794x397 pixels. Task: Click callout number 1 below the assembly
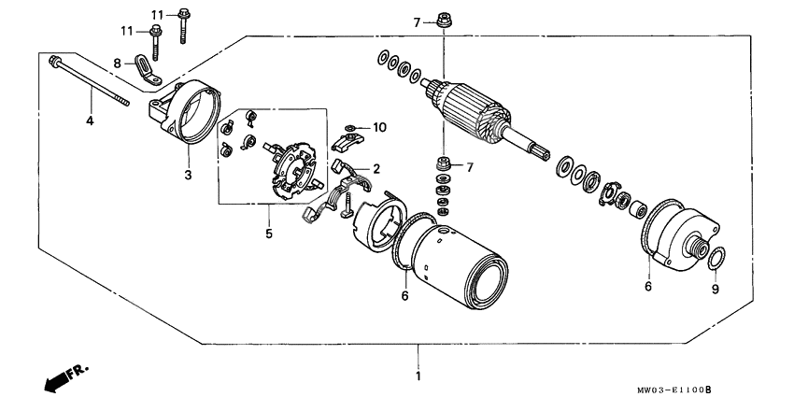click(418, 376)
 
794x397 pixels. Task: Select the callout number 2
click(376, 169)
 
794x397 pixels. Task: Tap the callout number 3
click(187, 174)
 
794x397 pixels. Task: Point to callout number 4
click(91, 121)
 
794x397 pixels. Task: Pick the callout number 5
click(268, 234)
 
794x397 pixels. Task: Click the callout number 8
click(118, 63)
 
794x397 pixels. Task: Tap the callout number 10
click(379, 126)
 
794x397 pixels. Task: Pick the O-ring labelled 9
click(716, 259)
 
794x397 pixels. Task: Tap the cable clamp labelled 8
click(146, 68)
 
